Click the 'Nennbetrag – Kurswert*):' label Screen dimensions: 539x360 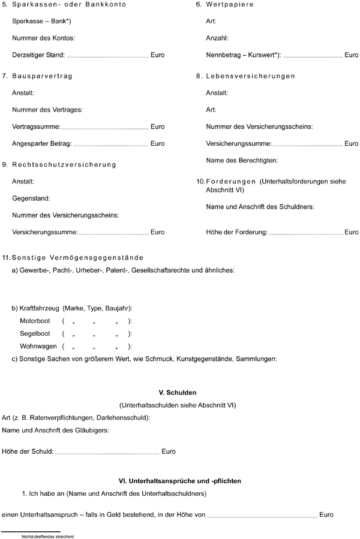pos(243,55)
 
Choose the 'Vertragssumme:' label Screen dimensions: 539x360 pos(35,127)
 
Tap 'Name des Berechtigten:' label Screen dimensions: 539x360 pos(242,161)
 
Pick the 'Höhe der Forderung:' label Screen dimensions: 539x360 pos(236,232)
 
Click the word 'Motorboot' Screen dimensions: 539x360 pos(35,321)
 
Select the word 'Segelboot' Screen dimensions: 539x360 pos(35,333)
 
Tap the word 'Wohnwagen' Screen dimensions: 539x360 pos(38,346)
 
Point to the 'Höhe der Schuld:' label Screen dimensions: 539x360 pos(28,451)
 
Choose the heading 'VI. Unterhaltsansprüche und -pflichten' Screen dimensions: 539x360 pos(181,481)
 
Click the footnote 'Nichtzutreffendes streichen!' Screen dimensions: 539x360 pos(47,536)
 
